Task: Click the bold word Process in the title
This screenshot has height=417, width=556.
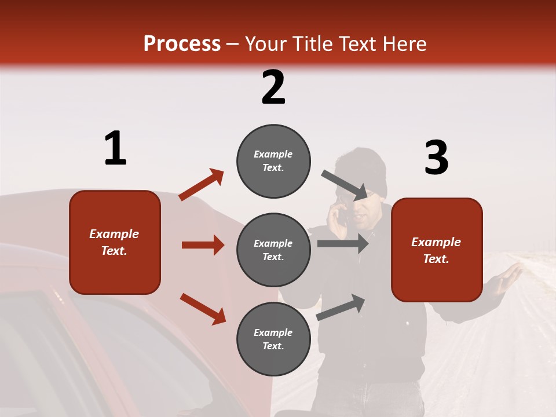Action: (182, 44)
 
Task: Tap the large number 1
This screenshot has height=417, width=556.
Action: (115, 149)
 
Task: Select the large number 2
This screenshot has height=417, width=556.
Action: (273, 87)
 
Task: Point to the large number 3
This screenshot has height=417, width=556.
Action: (436, 158)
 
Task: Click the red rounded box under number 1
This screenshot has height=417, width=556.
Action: (115, 242)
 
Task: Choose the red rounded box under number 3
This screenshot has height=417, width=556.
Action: (437, 250)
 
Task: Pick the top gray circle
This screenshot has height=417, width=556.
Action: (273, 161)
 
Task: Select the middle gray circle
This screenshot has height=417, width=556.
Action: (273, 250)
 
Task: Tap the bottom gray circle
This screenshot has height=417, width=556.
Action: (273, 339)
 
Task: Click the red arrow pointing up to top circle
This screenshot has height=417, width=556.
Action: (202, 185)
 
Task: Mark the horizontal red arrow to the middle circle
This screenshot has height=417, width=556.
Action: (203, 245)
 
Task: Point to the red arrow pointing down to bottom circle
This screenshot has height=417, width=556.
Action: (203, 308)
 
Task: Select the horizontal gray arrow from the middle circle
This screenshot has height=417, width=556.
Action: (342, 244)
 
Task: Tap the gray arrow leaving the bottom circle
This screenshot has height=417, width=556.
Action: (341, 308)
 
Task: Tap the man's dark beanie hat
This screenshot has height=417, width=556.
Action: (361, 168)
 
